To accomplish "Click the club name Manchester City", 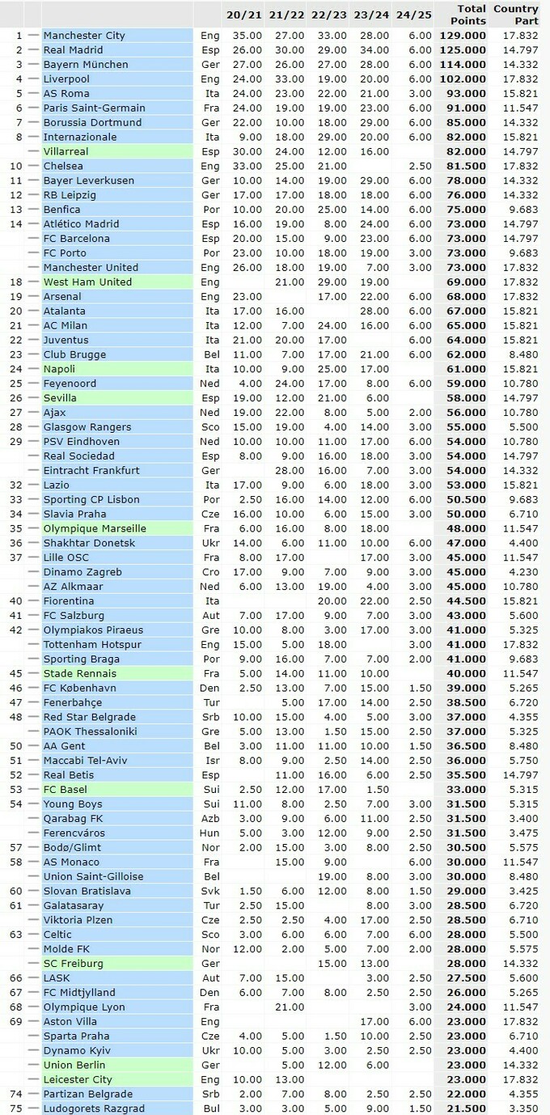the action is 84,36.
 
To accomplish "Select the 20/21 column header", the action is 243,15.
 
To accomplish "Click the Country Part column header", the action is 515,15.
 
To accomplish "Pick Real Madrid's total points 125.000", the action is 463,50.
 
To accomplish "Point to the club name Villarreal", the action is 66,151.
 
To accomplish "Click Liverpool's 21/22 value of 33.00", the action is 287,79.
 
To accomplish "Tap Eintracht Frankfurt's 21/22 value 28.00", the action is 287,470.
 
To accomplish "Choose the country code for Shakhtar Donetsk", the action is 209,543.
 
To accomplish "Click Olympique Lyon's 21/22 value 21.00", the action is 287,1007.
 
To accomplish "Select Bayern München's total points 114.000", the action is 463,65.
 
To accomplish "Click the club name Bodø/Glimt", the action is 72,847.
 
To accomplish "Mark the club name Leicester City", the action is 78,1079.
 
